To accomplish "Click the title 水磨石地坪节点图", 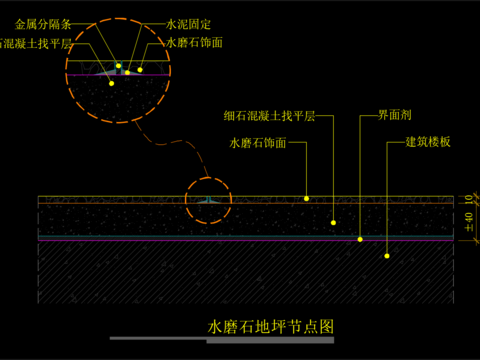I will [270, 326].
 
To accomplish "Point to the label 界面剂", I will [383, 116].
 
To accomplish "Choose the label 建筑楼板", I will [428, 142].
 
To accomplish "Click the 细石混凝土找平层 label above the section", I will [269, 116].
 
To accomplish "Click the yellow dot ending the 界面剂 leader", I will [360, 239].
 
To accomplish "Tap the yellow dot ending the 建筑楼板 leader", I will [386, 256].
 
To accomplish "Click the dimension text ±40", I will [468, 222].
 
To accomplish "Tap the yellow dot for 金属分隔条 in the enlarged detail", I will [119, 66].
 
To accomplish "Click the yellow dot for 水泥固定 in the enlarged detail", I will [128, 72].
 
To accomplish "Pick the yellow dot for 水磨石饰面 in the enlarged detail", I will [140, 70].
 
